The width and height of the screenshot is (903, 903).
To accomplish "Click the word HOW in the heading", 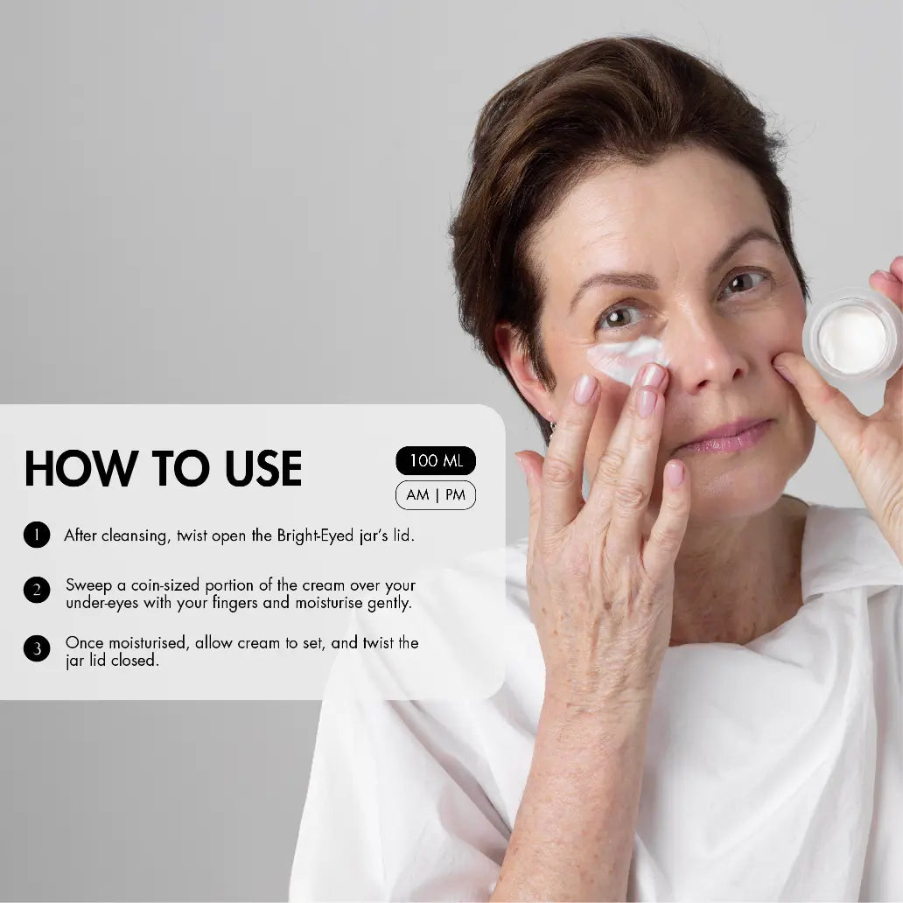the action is click(80, 468).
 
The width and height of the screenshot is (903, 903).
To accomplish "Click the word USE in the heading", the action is click(263, 468).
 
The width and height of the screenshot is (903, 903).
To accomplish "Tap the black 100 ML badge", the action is click(436, 461).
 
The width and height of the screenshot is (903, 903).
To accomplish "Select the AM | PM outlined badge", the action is click(436, 495).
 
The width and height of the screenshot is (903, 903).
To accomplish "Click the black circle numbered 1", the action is click(37, 535).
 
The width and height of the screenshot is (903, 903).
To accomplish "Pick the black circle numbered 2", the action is click(37, 590).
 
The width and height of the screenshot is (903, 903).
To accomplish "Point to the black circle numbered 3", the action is click(37, 648).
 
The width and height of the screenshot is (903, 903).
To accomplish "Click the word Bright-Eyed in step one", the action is click(315, 536).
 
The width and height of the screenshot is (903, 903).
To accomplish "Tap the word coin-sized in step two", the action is click(165, 585).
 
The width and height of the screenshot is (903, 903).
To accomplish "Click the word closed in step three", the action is click(135, 661).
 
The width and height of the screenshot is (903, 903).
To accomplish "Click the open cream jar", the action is click(853, 336).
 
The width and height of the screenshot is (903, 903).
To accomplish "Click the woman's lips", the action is click(724, 437).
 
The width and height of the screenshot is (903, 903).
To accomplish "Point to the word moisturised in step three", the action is click(147, 643).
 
